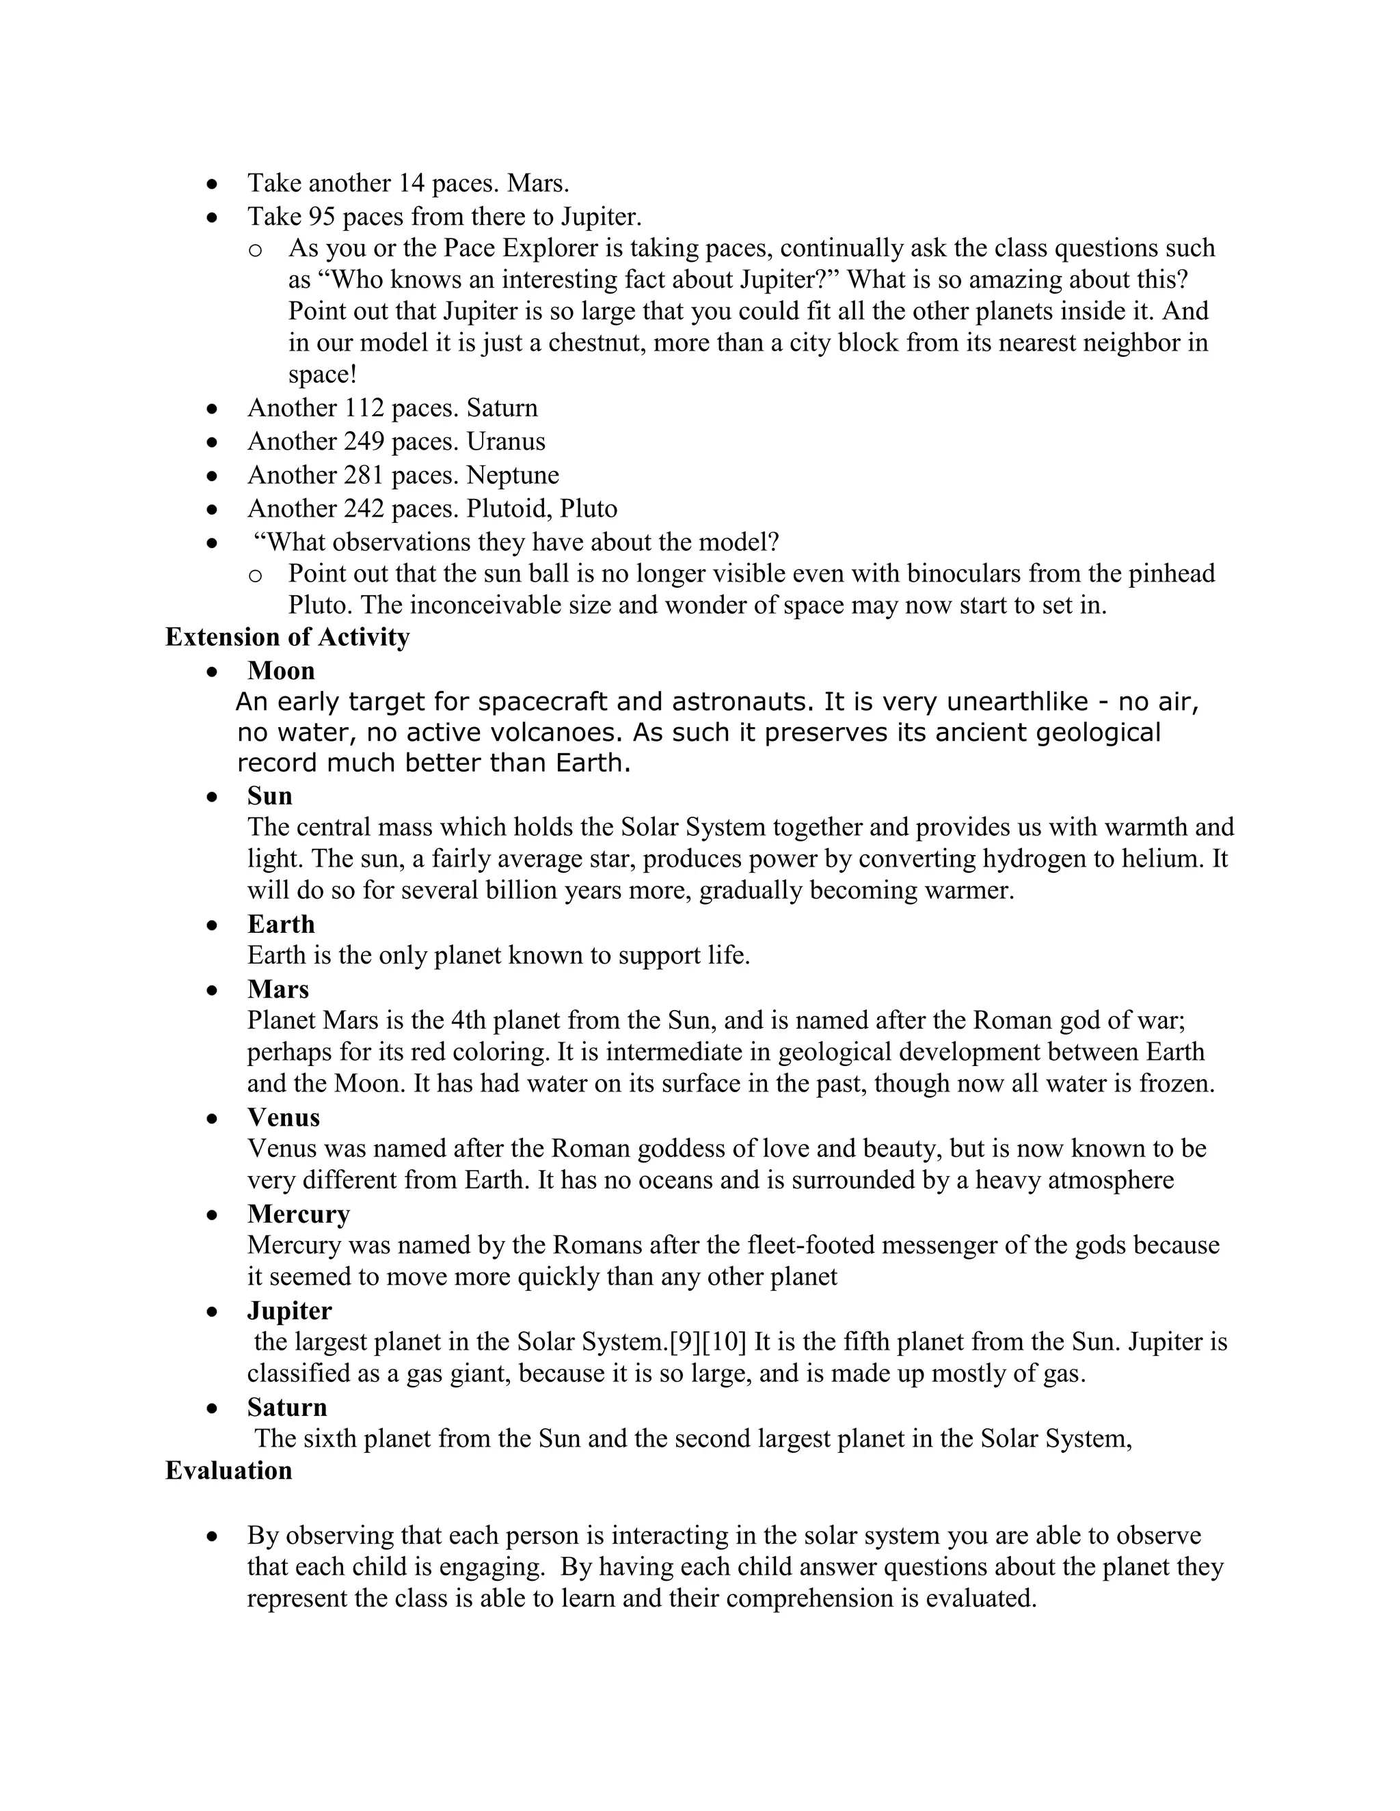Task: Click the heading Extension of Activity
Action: click(x=287, y=637)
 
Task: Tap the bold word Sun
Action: click(x=269, y=795)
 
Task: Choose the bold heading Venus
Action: click(x=283, y=1117)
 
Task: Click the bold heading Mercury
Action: click(x=298, y=1214)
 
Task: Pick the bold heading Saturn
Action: click(x=287, y=1407)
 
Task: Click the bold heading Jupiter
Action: click(x=288, y=1310)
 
